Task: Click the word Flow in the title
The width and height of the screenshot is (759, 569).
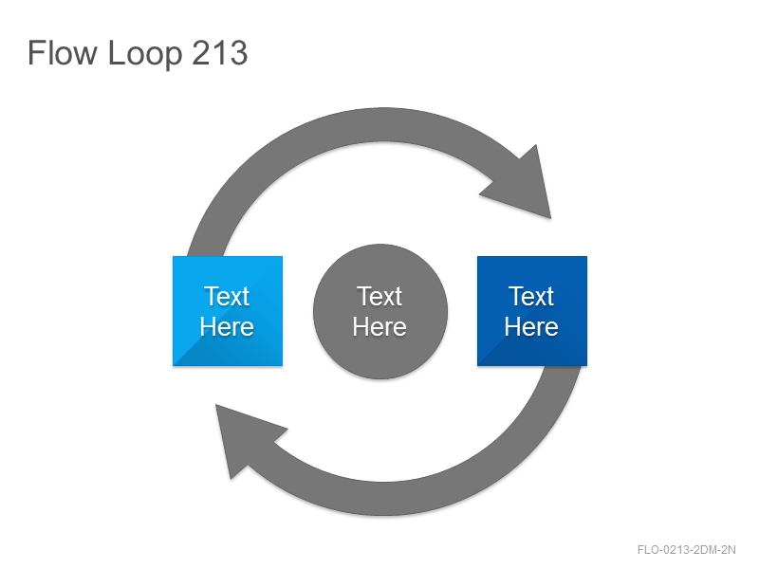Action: [62, 53]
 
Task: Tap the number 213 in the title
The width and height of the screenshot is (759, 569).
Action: [220, 53]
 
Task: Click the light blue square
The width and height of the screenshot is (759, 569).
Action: [228, 311]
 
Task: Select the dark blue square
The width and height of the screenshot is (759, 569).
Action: [532, 311]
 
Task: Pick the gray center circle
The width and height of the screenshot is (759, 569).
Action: [380, 312]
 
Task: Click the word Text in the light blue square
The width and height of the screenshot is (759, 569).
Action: [227, 296]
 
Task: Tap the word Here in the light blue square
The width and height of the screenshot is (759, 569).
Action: [227, 326]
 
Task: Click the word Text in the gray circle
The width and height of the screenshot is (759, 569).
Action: [379, 296]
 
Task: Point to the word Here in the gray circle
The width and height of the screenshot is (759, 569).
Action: [379, 326]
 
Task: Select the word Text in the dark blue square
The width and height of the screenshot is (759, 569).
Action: [531, 296]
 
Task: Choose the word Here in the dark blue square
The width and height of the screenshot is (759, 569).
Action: [531, 326]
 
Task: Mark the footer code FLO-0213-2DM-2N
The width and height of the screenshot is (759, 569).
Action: [686, 550]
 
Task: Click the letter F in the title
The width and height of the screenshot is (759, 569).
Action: [36, 53]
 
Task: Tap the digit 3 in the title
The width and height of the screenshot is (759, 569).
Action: [238, 53]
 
